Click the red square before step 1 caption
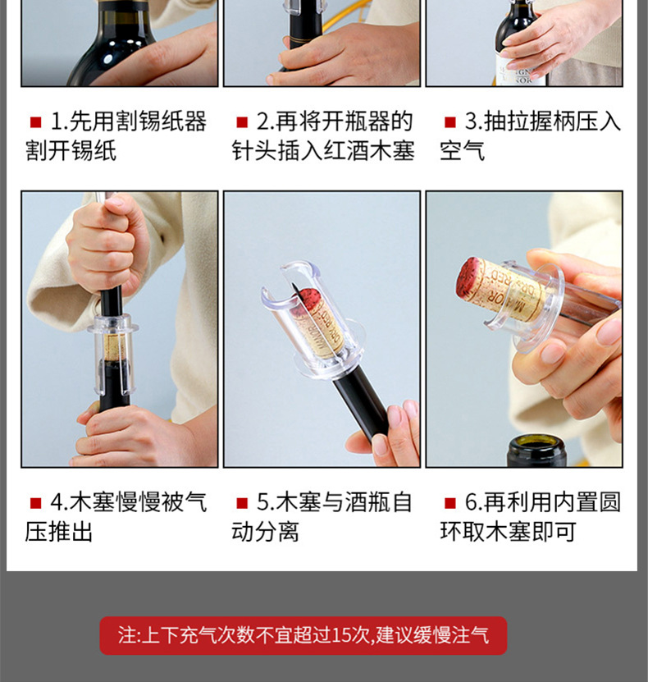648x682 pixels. [x=35, y=123]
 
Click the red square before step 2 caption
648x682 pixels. [x=242, y=123]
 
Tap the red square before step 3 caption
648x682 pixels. [x=450, y=123]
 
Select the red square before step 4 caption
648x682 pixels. [x=35, y=503]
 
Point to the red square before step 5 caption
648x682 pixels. [x=242, y=503]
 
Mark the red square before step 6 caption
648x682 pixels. [x=450, y=503]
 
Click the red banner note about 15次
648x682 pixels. [x=303, y=635]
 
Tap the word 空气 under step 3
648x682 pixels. [x=462, y=151]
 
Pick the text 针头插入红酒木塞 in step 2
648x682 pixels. [x=322, y=151]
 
